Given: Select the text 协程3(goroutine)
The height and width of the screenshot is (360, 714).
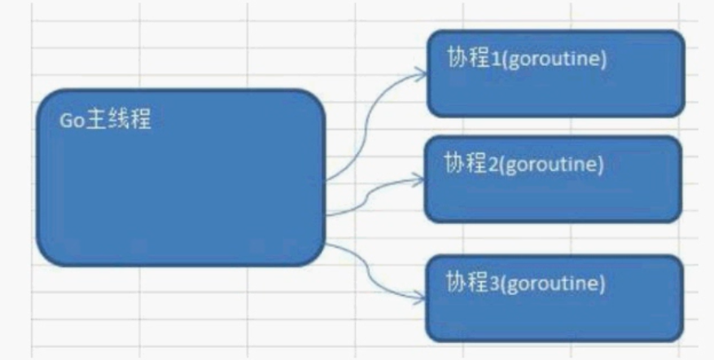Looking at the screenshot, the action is (x=525, y=285).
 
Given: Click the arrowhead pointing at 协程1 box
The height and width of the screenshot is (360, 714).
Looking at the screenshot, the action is (x=420, y=72).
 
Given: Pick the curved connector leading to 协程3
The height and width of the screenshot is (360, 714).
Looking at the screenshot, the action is (x=370, y=273).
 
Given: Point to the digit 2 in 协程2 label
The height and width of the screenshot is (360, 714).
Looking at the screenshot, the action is (x=486, y=163).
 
